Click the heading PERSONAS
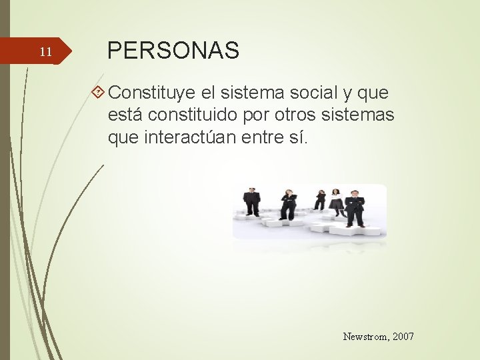(173, 51)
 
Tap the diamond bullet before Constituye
(98, 91)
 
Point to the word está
(125, 115)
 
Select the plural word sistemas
(360, 115)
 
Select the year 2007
(403, 337)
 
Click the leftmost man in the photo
(251, 203)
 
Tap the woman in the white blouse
(336, 202)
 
